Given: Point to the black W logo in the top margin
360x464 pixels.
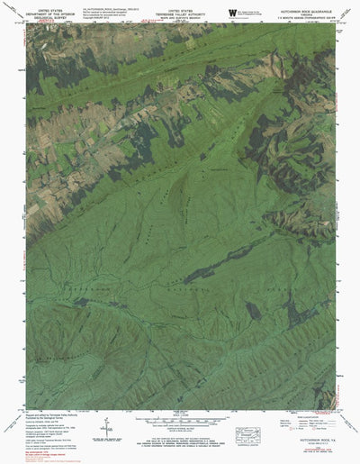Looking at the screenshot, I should (232, 12).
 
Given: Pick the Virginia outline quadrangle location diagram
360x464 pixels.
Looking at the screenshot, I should (246, 432).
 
